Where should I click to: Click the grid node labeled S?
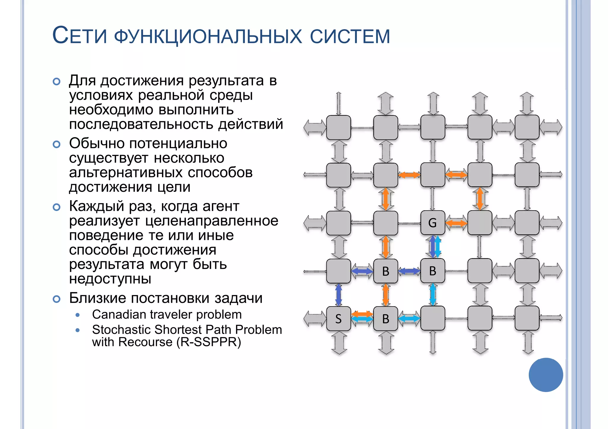click(x=338, y=319)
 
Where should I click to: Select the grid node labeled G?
click(x=433, y=223)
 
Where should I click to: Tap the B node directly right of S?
click(x=385, y=319)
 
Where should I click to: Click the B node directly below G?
click(x=433, y=271)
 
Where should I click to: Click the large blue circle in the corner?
click(x=546, y=375)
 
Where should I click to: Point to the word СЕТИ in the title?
click(x=80, y=36)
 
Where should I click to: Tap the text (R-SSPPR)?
click(x=209, y=342)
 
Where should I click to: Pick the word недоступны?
click(x=110, y=278)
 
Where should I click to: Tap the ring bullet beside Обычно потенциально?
click(x=56, y=144)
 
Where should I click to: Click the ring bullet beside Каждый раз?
click(x=56, y=207)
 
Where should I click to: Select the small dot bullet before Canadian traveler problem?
click(x=78, y=315)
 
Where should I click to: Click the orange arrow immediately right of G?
click(x=456, y=223)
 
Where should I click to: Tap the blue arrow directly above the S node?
click(x=338, y=295)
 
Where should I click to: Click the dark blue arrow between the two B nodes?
click(x=409, y=271)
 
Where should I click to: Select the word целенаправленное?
click(x=212, y=221)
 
